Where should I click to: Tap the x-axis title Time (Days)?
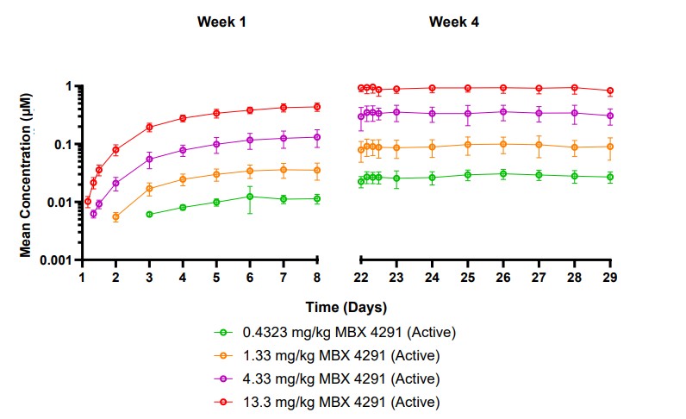pos(346,307)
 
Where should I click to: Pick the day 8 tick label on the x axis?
pos(317,276)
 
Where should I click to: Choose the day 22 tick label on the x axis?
pos(361,276)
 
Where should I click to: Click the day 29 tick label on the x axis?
pos(610,276)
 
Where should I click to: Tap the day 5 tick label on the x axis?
pos(216,276)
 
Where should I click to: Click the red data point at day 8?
pos(317,107)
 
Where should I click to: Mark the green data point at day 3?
pos(149,214)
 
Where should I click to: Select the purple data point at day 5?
pos(216,144)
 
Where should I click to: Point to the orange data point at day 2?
pos(115,217)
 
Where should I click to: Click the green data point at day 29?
pos(610,178)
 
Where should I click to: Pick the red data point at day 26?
pos(503,88)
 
